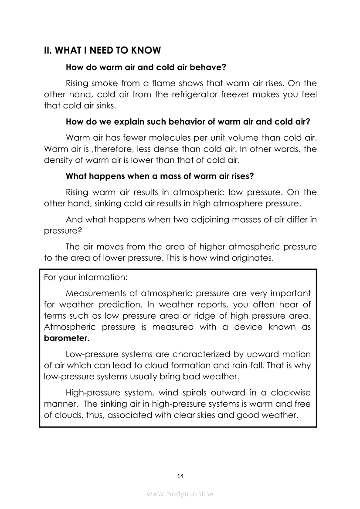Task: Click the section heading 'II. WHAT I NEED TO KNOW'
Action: (x=102, y=51)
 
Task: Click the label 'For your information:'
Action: (x=85, y=277)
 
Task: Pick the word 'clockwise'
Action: (x=292, y=393)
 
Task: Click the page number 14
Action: (x=180, y=476)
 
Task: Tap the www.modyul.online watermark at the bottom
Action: (x=180, y=494)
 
